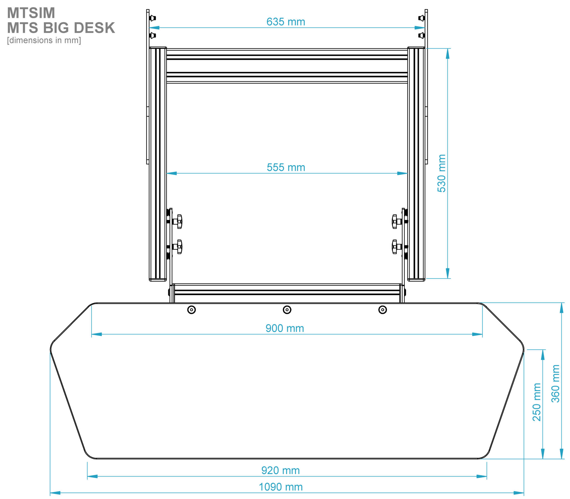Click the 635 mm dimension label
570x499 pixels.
pos(286,22)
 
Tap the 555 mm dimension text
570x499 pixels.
pos(286,167)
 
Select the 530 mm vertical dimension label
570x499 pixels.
pos(441,173)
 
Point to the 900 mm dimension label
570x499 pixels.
pos(284,328)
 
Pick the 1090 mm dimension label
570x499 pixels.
pos(281,487)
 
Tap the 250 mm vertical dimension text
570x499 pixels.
pos(537,402)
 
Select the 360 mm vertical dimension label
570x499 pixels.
pos(555,384)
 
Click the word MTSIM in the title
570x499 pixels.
pos(31,13)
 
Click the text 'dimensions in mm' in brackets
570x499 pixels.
pos(44,40)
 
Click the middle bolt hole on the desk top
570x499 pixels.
pos(287,310)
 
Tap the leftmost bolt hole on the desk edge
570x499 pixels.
pos(191,310)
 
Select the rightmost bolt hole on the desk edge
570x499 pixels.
pos(382,310)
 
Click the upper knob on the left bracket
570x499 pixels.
pos(178,222)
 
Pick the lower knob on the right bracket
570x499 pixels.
pos(395,247)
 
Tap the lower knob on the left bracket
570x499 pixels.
pos(178,247)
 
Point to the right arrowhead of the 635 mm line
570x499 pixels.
pos(419,28)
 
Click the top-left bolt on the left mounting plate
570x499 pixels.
pos(153,18)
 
